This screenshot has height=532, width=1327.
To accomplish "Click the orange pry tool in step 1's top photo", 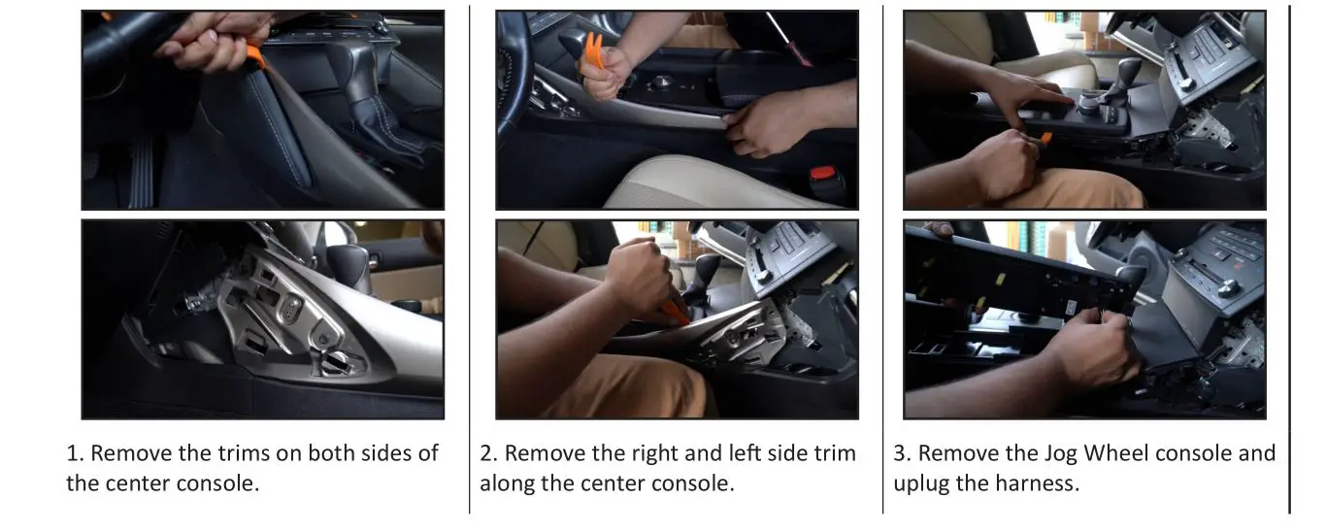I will coord(255,54).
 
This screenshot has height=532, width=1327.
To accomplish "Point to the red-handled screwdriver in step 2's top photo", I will coord(789,39).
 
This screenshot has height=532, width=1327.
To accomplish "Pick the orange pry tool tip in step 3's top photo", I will coord(1045,139).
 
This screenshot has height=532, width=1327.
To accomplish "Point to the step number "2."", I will coord(489,453).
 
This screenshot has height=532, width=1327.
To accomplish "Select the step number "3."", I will coord(903,453).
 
